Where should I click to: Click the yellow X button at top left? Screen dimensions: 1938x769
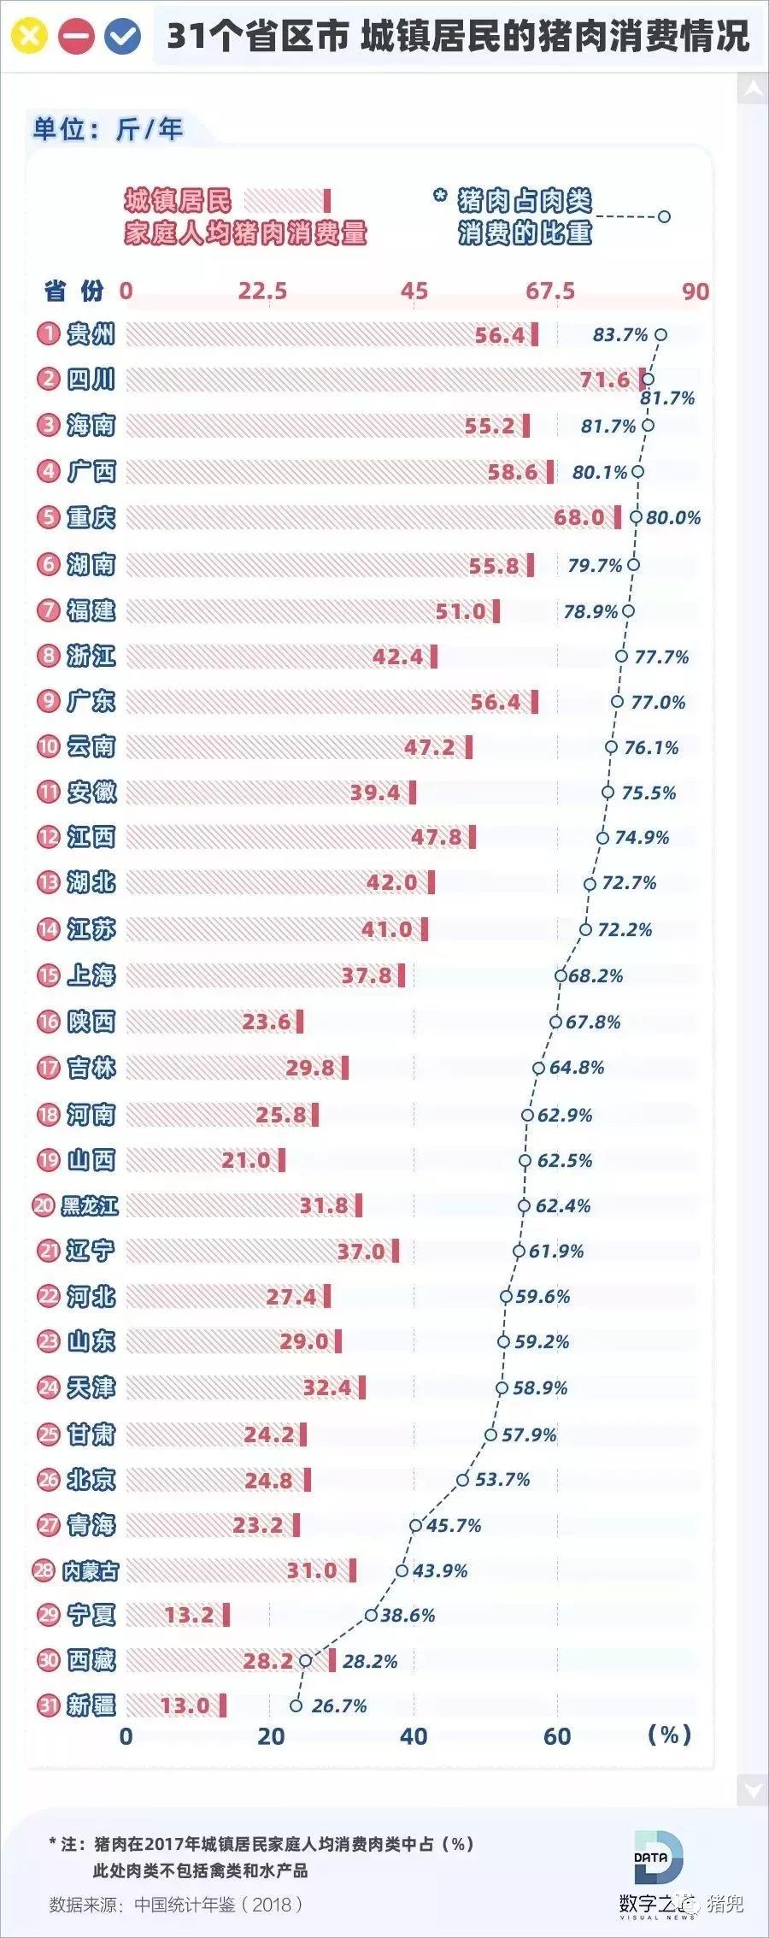(28, 36)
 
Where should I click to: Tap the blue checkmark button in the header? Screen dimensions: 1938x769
(122, 36)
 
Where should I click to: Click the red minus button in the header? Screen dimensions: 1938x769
(75, 36)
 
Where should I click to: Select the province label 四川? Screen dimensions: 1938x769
(91, 379)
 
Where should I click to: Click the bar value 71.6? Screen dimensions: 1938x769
(605, 380)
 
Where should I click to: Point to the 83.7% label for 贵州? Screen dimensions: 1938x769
(620, 334)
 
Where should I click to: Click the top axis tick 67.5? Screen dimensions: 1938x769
(550, 292)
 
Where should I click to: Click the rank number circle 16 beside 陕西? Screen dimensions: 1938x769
(49, 1022)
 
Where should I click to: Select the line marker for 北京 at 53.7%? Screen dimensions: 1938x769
(462, 1479)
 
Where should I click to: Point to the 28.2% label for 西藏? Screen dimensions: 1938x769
(369, 1661)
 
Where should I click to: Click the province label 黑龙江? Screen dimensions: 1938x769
(90, 1205)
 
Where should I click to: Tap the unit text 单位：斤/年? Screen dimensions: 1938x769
(108, 129)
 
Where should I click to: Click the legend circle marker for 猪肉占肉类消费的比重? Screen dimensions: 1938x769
(664, 216)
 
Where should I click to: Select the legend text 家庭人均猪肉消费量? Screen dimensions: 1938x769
(245, 233)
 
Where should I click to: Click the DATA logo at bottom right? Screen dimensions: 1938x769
(659, 1856)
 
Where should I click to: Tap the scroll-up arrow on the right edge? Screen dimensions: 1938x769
(753, 89)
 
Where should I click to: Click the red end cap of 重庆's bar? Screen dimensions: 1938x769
(618, 517)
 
